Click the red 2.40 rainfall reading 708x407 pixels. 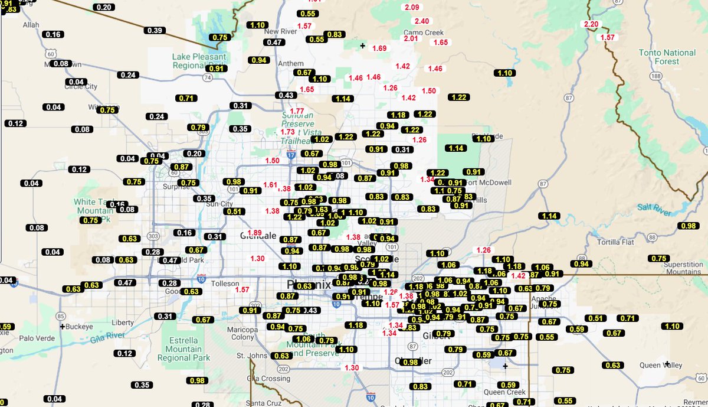tap(421, 21)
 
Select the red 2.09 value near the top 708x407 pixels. tap(412, 7)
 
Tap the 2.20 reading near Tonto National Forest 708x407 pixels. tap(591, 24)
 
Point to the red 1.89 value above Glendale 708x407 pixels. tap(255, 233)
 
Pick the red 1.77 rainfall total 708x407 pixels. tap(297, 111)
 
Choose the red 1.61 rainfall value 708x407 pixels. tap(270, 185)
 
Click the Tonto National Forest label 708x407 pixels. tap(667, 57)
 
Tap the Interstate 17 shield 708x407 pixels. tap(291, 155)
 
